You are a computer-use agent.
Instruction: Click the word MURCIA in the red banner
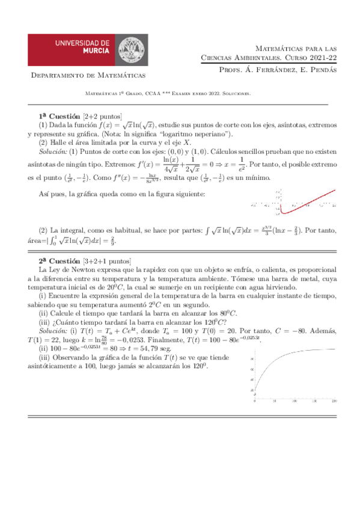point(91,52)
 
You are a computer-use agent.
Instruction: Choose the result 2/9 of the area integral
point(112,241)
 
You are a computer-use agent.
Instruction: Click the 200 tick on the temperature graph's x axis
point(334,401)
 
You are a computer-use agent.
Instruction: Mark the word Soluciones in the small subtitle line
point(236,94)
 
